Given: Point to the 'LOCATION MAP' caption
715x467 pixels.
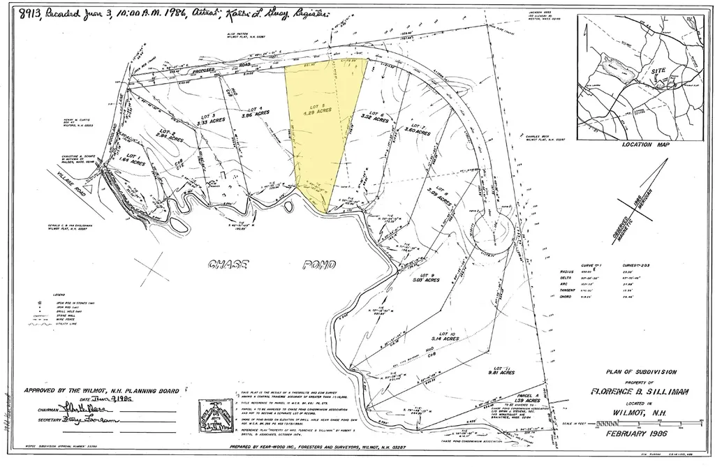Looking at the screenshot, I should tap(644, 146).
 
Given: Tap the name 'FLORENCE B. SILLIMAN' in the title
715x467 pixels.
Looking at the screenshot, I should tap(640, 392).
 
